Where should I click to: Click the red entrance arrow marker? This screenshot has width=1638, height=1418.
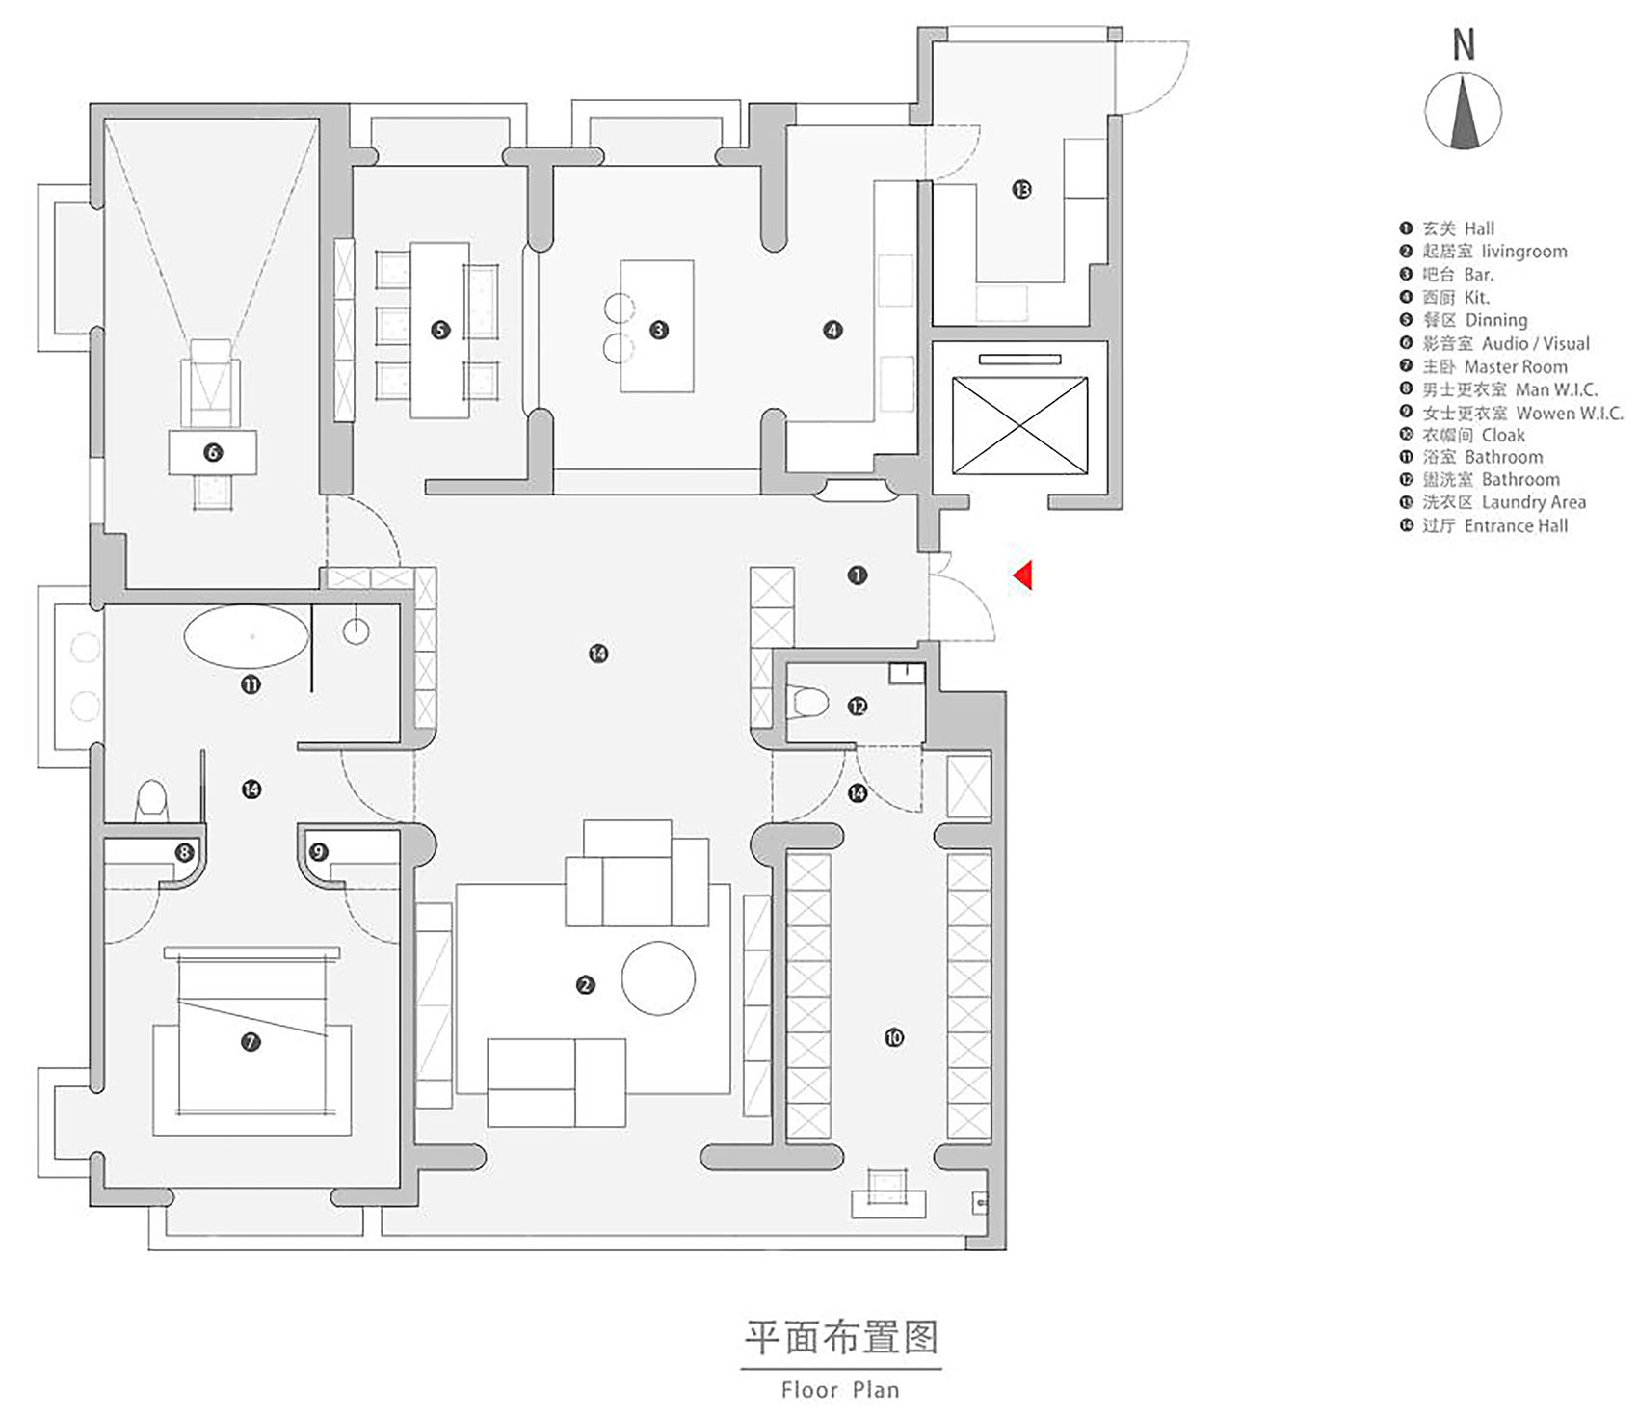[1023, 575]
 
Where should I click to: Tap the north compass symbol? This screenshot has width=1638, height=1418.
[1463, 112]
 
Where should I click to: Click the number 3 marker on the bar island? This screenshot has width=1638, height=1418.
[659, 330]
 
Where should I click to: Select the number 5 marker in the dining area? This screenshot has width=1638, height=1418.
[440, 330]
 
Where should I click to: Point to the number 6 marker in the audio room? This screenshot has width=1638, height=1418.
[213, 452]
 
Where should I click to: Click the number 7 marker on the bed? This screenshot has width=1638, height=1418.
[251, 1041]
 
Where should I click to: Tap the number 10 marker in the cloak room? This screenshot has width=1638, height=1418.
[894, 1037]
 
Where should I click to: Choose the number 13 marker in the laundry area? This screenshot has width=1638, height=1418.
[1021, 189]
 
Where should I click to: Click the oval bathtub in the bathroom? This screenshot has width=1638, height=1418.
[247, 636]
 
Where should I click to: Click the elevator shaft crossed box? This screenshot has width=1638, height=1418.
[1019, 425]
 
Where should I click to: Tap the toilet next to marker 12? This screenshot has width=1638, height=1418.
[806, 702]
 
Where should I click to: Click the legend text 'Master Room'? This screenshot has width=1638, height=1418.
[1516, 366]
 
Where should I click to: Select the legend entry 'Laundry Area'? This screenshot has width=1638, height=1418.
[1533, 502]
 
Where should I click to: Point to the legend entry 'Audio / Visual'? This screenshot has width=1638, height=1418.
[1536, 343]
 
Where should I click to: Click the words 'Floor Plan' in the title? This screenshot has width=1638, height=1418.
[840, 1389]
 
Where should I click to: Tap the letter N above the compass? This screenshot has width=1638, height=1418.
[1464, 44]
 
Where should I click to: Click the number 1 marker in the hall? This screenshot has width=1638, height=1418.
[857, 575]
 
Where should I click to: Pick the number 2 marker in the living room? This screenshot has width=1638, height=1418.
[585, 984]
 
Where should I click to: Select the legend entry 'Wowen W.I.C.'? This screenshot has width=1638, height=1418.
[1570, 413]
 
